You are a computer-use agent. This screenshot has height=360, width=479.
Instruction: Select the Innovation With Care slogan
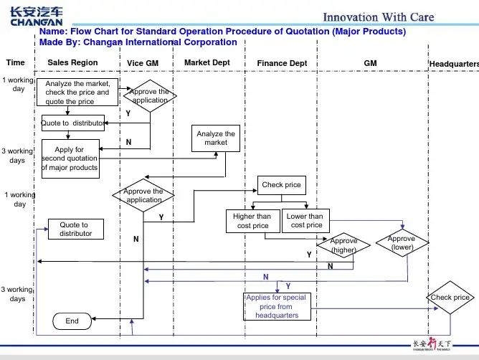point(378,17)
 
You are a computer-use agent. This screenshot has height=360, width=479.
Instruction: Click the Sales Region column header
point(72,63)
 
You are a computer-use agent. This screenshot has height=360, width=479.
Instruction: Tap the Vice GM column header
point(142,64)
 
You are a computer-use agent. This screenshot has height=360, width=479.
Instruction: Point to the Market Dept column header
point(207,63)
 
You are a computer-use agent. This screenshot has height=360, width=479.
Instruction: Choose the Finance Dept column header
point(282,64)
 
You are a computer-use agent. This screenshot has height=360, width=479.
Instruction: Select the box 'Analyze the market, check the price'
point(77,93)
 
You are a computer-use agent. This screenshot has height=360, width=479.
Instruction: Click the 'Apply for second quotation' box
point(70,158)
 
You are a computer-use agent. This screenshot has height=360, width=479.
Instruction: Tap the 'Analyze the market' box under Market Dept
point(215,138)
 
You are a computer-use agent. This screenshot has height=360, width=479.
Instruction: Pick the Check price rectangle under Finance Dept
point(281,185)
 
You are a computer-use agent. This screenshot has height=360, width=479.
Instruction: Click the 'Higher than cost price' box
point(252,221)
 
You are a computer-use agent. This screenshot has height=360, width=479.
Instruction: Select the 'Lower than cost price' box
point(305,221)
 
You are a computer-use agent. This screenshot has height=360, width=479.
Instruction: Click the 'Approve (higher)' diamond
point(343,246)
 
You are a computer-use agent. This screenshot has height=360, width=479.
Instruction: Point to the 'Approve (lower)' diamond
point(402,242)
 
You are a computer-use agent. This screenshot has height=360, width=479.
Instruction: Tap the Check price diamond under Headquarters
point(450,298)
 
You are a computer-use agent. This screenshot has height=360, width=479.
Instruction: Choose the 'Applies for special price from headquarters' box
point(276,306)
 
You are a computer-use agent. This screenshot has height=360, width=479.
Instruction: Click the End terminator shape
point(72,321)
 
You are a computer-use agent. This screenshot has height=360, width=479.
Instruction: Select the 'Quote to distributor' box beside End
point(75,229)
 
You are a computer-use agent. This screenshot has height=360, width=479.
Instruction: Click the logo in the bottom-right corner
point(437,345)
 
